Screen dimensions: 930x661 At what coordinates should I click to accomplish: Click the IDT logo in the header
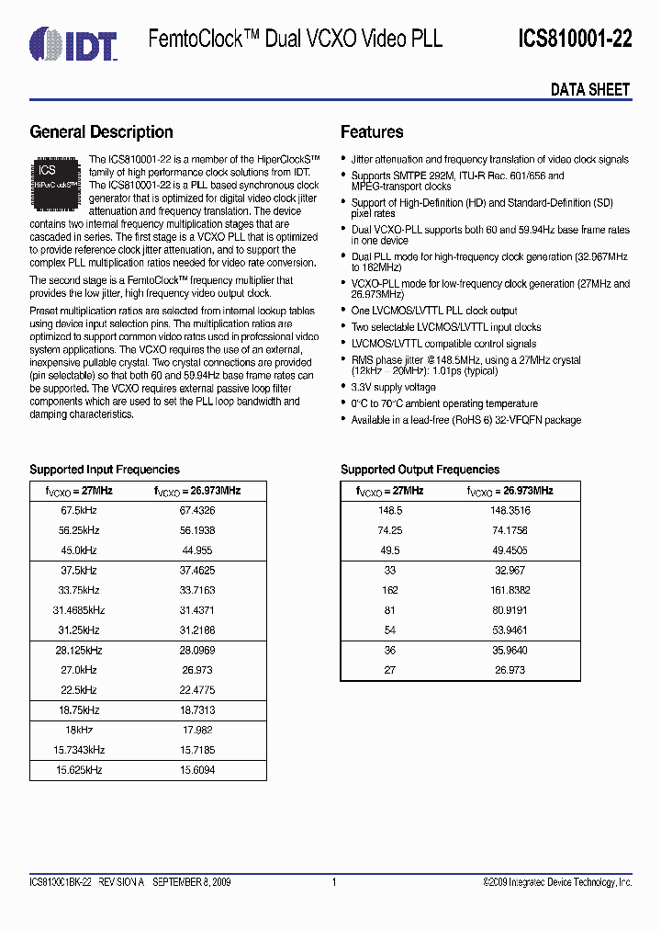[73, 42]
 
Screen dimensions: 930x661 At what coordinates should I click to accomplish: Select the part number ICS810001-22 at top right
[574, 39]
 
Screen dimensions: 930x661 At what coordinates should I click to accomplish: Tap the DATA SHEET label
[590, 89]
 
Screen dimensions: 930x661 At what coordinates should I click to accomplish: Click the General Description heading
[101, 132]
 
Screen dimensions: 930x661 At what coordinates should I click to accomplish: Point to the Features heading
[372, 132]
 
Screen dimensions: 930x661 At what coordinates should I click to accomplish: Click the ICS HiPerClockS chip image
[57, 179]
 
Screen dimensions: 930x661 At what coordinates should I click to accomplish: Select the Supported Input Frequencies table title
[105, 470]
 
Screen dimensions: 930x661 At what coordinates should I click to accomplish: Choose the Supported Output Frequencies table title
[420, 470]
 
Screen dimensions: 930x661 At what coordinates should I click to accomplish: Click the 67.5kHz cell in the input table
[80, 510]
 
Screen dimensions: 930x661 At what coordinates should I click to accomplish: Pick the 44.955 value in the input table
[196, 550]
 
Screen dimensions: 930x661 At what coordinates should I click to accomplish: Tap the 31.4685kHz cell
[79, 610]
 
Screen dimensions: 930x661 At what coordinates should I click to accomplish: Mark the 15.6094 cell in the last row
[196, 770]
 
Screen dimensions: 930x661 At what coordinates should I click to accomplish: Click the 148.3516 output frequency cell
[510, 510]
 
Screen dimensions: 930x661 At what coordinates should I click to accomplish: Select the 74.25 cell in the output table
[390, 530]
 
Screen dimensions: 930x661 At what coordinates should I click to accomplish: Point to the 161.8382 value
[510, 590]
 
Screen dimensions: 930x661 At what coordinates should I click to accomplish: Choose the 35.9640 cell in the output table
[510, 651]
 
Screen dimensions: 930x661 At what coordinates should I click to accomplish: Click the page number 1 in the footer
[334, 882]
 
